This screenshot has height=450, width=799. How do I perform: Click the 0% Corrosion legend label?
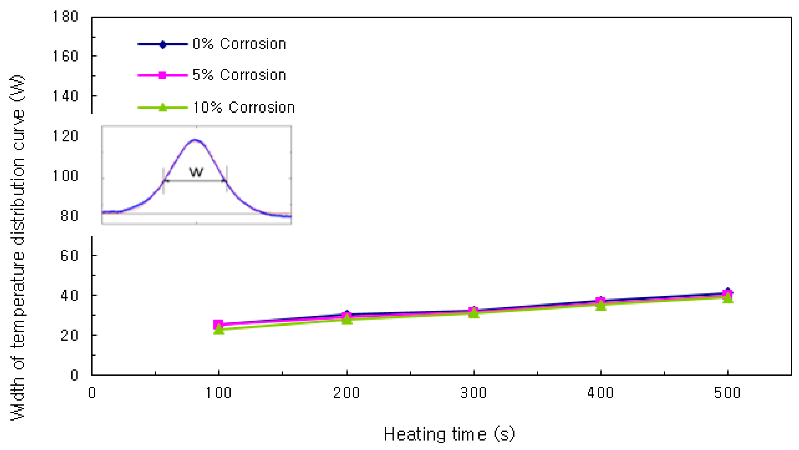(x=239, y=44)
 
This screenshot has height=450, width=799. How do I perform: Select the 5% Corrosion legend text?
(x=239, y=75)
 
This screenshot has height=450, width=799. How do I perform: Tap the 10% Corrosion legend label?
(x=243, y=108)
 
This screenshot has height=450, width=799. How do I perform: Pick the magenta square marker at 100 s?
(x=218, y=324)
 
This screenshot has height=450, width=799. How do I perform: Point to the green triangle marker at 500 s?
(x=728, y=298)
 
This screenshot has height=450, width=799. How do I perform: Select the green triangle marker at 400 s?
(x=601, y=306)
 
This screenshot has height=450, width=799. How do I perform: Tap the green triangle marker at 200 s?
(x=347, y=319)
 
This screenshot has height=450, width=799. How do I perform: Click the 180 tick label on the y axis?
(x=65, y=16)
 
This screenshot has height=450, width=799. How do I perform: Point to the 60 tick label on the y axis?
(x=69, y=256)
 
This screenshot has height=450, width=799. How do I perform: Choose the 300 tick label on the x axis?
(x=473, y=393)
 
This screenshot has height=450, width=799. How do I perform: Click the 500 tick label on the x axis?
(x=727, y=393)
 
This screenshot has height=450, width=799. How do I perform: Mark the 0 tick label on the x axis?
(x=92, y=393)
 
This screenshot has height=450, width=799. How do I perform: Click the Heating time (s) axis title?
(x=449, y=434)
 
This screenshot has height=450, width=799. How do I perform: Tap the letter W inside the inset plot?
(x=196, y=172)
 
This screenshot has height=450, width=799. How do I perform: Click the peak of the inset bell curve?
(x=195, y=140)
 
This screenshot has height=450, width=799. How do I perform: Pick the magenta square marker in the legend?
(x=162, y=75)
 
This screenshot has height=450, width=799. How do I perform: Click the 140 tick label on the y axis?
(x=65, y=96)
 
